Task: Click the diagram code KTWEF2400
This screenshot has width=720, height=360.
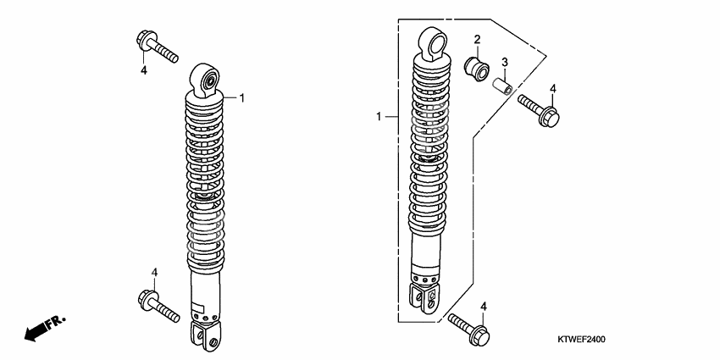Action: [581, 340]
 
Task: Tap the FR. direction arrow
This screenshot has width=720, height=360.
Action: [45, 328]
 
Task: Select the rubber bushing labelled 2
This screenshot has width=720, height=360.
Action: [476, 69]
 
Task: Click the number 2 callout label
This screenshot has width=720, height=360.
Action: [477, 40]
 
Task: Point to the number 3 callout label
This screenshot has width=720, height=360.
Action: [504, 62]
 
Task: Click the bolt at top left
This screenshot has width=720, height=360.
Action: [157, 47]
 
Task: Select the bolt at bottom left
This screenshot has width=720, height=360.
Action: [158, 307]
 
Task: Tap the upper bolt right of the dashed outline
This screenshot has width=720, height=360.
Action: [539, 110]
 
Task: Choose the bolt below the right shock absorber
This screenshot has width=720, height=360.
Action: [468, 329]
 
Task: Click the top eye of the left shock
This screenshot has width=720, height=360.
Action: [205, 80]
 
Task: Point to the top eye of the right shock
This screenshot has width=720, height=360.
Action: [433, 44]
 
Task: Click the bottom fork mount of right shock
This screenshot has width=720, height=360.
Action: [423, 299]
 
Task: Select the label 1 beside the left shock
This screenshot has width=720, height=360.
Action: [242, 97]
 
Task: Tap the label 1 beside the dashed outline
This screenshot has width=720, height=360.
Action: [379, 117]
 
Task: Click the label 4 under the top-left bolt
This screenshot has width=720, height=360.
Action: [144, 70]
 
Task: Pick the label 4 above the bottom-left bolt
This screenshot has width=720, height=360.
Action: [155, 272]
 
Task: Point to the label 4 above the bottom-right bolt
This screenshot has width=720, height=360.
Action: [484, 307]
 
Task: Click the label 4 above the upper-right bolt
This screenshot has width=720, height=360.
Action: [553, 89]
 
